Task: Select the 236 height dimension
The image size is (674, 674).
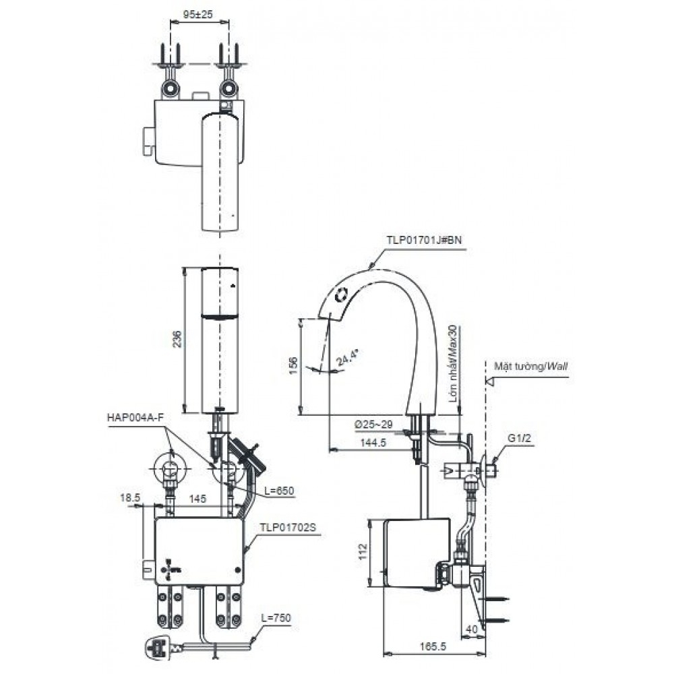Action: (177, 339)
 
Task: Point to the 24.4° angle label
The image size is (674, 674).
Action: (346, 357)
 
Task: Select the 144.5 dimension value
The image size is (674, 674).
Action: (370, 443)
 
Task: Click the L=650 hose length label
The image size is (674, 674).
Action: (280, 490)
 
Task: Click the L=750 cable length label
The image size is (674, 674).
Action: (278, 617)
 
